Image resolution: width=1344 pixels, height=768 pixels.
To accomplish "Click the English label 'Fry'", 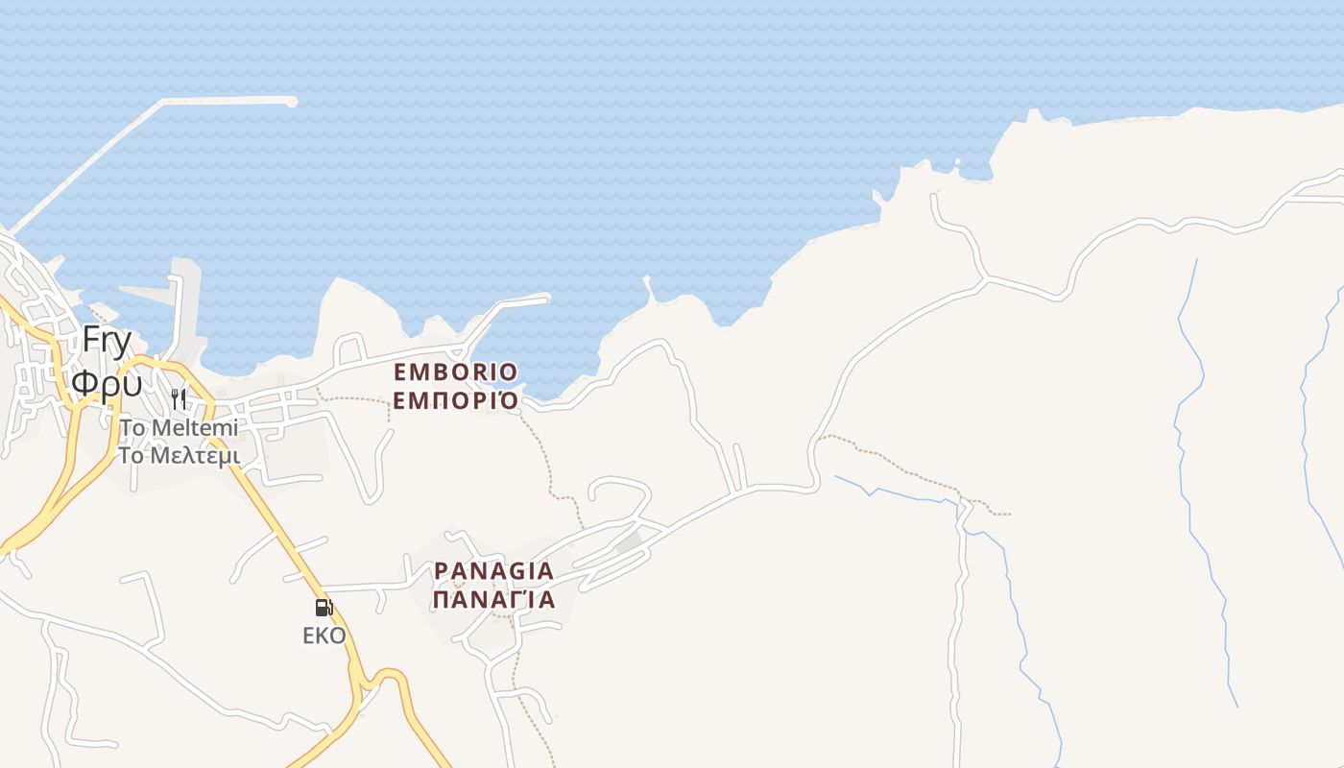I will [x=107, y=340].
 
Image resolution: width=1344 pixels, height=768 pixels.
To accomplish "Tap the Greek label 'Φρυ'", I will [x=107, y=382].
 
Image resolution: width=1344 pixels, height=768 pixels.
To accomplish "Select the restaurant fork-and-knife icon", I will [x=179, y=398].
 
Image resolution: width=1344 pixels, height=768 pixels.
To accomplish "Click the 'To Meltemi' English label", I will [x=179, y=427].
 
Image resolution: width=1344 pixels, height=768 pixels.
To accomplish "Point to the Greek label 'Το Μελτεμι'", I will [x=179, y=455].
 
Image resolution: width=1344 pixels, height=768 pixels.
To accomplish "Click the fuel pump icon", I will [x=324, y=607].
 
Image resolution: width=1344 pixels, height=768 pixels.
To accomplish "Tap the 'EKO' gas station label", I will [x=324, y=636].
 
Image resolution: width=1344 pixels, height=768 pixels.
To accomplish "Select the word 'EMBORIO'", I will [x=455, y=372].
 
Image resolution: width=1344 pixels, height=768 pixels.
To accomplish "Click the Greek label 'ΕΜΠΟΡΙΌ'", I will [x=455, y=400].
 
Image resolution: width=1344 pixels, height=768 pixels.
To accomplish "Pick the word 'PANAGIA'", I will [x=493, y=571].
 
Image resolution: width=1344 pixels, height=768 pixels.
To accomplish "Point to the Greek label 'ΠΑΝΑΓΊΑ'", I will [x=493, y=600].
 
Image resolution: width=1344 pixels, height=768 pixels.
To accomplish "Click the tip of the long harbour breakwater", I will [x=291, y=101].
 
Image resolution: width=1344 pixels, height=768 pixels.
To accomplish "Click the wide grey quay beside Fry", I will [x=154, y=294].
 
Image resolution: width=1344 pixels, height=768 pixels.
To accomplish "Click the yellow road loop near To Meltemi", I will [x=144, y=365].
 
